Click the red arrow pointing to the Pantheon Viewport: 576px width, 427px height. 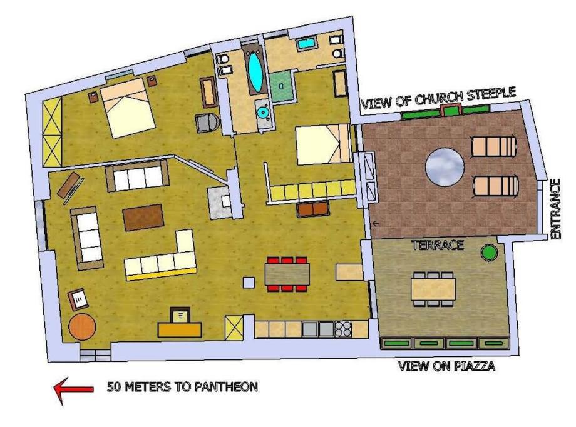73,389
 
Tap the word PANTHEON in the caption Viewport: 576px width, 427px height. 226,387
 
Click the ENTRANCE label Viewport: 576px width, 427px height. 556,209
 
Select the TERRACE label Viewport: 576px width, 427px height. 437,245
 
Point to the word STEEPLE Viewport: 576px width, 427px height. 491,94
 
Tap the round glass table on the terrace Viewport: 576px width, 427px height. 445,167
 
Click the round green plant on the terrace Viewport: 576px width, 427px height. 489,253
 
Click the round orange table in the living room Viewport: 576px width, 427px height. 82,326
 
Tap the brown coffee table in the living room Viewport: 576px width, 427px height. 143,217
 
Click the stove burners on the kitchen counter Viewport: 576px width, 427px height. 343,329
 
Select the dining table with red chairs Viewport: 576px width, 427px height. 287,274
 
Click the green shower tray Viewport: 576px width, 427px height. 282,87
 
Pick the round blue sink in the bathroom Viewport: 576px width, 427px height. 263,112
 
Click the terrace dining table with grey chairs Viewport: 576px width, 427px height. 433,289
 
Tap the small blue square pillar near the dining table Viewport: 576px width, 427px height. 249,283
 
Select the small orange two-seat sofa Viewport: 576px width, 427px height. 312,209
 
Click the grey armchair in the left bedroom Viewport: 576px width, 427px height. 208,123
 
